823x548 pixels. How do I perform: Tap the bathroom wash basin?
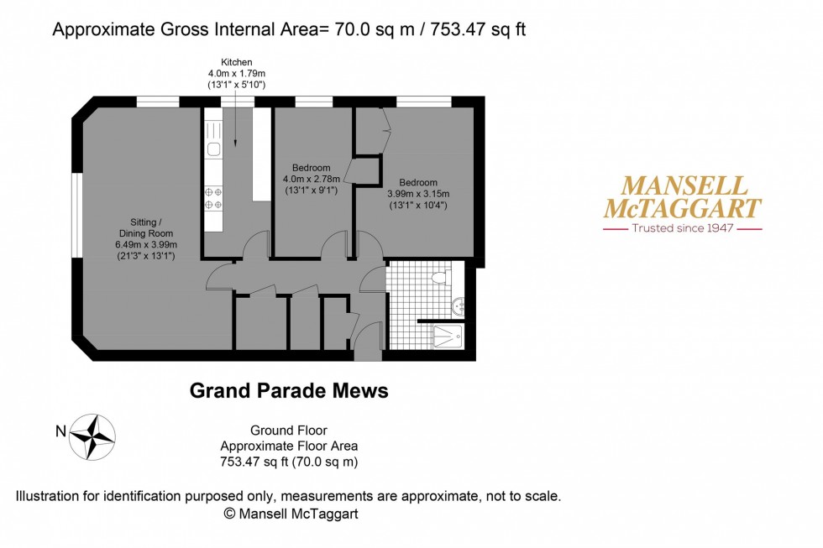tap(459, 305)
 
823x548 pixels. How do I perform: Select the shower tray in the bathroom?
tap(448, 337)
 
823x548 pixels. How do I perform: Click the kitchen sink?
tap(213, 149)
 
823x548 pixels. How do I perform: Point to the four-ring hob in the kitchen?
tap(213, 198)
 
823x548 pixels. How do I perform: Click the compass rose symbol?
tap(92, 437)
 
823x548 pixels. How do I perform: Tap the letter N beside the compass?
tap(60, 431)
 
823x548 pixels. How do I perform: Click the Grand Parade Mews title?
tap(289, 391)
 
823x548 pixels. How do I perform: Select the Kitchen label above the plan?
tap(236, 62)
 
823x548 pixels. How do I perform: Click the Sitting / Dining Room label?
tap(146, 227)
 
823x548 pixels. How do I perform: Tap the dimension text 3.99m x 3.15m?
tap(418, 194)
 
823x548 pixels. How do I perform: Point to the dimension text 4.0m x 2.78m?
tap(312, 180)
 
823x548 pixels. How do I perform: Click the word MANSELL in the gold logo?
tap(684, 186)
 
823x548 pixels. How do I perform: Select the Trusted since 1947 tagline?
tap(682, 228)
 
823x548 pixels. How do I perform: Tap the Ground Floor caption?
tap(289, 431)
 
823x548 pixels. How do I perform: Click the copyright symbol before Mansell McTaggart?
tap(229, 514)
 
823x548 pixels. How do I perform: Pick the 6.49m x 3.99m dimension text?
tap(146, 245)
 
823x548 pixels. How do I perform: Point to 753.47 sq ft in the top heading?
tap(478, 29)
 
